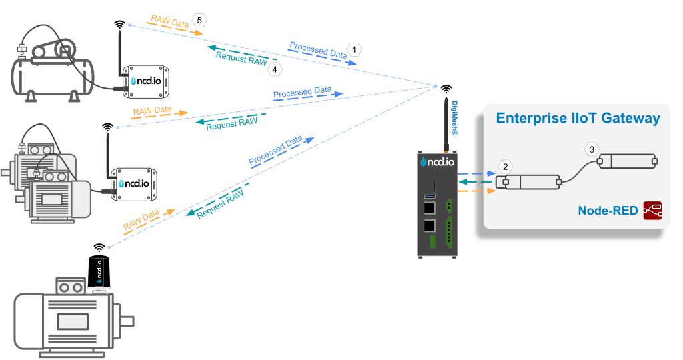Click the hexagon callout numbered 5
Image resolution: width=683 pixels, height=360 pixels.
(200, 20)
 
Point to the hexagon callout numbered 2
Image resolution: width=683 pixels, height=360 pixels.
(506, 165)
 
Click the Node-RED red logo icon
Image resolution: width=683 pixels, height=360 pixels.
(652, 211)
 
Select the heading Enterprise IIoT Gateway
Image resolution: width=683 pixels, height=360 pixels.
(578, 119)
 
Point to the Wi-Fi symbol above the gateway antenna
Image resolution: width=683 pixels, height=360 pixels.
(446, 88)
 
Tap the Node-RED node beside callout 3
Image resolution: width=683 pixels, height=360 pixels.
(627, 161)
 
